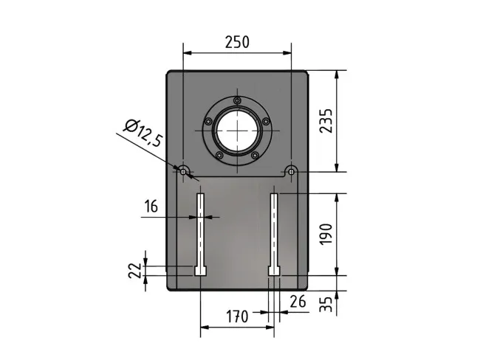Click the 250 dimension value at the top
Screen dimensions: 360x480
[x=237, y=42]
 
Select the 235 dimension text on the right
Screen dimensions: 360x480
[x=327, y=121]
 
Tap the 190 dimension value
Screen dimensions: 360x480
[x=327, y=234]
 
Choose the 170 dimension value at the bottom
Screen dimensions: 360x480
[x=236, y=317]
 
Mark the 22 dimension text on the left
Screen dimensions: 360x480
[x=135, y=269]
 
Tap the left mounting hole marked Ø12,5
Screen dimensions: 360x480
[x=182, y=171]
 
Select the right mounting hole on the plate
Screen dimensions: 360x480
[x=292, y=171]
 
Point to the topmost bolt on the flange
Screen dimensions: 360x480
[x=237, y=101]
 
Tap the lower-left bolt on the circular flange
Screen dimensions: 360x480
[x=219, y=155]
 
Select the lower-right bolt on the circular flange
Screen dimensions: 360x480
[x=255, y=155]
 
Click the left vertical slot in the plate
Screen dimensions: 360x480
[x=200, y=229]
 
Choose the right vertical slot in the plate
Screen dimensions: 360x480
[x=274, y=229]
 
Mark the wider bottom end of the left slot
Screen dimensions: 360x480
[x=200, y=271]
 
